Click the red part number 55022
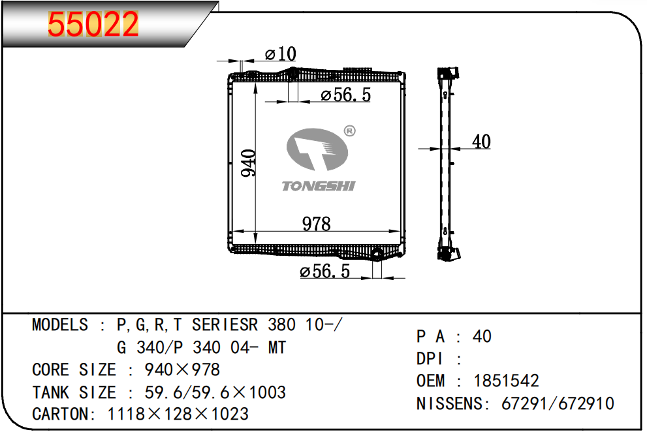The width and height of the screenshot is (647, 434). click(94, 25)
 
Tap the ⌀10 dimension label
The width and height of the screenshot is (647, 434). click(281, 54)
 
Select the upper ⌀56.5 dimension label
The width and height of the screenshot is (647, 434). click(345, 95)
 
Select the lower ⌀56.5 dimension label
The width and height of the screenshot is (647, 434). click(324, 271)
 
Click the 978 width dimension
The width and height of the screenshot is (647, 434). click(317, 224)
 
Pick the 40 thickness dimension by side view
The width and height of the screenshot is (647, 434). click(481, 142)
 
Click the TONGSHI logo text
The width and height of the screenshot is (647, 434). click(318, 187)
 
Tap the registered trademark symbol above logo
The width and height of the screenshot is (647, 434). click(349, 131)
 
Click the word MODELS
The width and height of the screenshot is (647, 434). click(59, 325)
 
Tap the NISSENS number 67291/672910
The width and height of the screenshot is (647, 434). click(557, 404)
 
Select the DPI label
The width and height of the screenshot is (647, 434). click(431, 359)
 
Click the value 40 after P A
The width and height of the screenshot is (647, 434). click(482, 337)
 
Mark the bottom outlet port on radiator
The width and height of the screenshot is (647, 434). click(377, 255)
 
